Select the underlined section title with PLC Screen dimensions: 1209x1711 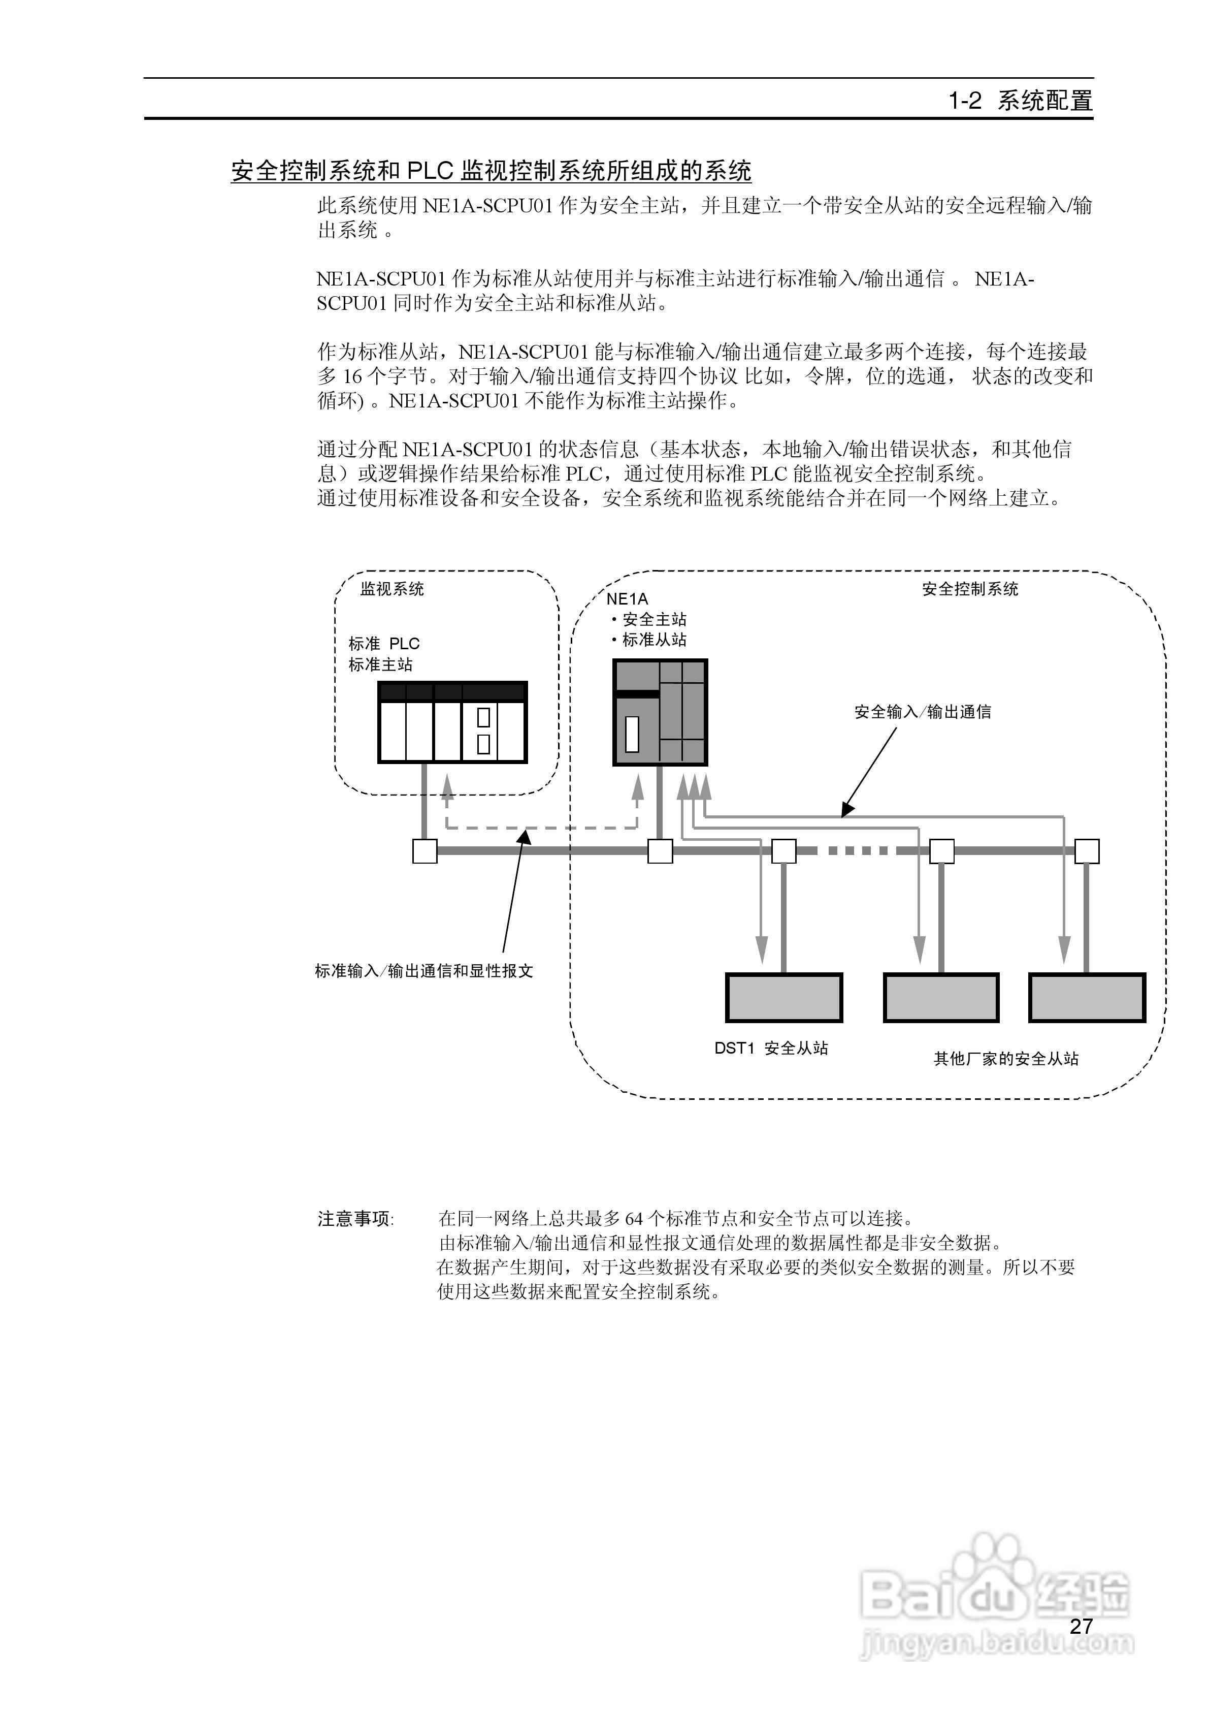pos(491,171)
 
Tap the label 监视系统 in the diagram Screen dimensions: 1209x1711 pos(392,589)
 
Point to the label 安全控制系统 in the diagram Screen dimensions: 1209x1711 pos(970,589)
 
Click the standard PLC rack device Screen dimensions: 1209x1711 pos(453,722)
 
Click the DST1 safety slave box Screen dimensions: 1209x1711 pos(783,997)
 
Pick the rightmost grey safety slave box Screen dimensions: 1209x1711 pos(1087,997)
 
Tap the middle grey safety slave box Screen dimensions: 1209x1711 pos(941,997)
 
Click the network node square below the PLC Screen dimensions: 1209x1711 pos(424,851)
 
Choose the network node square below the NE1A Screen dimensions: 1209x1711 pos(660,851)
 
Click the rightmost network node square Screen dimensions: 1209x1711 pos(1087,851)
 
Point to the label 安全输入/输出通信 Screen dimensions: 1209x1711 pos(922,712)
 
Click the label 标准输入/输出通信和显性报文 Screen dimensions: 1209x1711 pos(424,971)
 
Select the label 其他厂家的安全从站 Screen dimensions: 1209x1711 pos(1005,1059)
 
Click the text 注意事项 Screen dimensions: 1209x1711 pos(354,1219)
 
